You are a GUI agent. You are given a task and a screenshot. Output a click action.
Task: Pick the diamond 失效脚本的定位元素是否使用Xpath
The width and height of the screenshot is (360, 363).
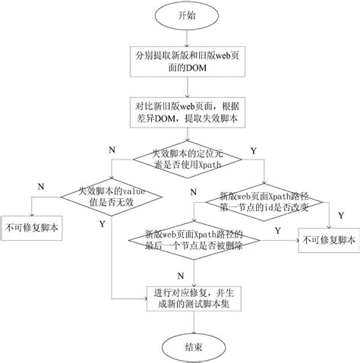tap(187, 157)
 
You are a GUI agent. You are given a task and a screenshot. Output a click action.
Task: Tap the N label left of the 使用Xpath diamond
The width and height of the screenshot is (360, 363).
tap(112, 148)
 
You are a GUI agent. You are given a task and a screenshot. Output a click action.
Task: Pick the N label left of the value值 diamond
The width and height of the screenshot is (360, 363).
tap(40, 185)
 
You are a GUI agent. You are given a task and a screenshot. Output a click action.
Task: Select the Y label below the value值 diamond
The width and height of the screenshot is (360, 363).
tap(102, 225)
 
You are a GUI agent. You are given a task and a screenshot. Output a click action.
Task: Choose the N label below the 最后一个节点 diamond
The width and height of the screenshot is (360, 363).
tap(180, 273)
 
